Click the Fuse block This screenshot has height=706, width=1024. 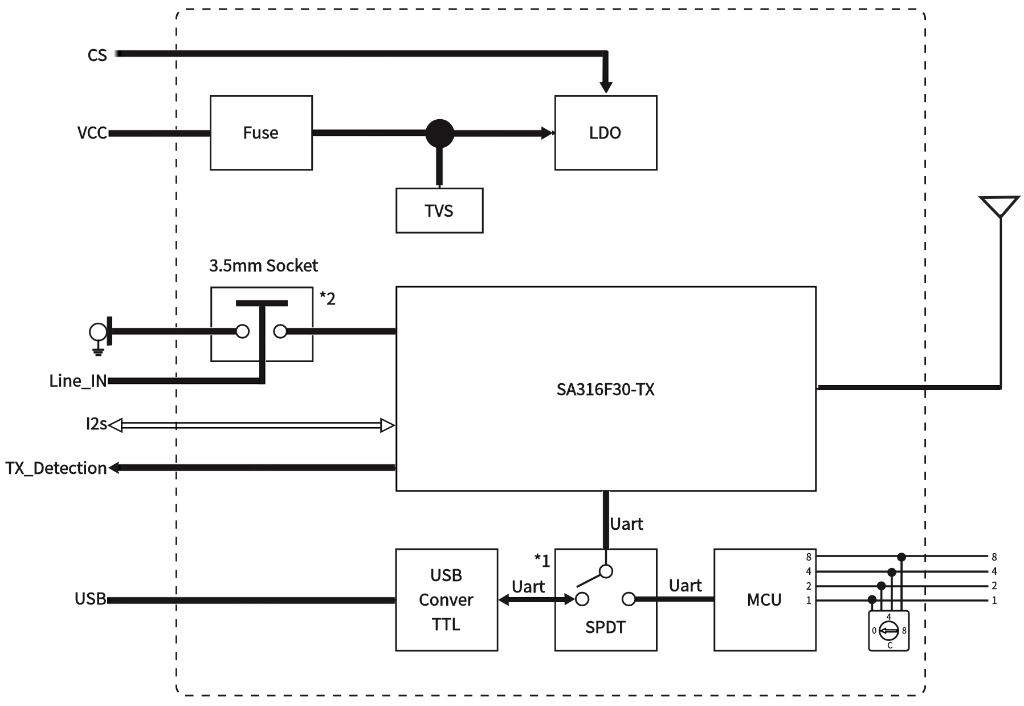coord(261,133)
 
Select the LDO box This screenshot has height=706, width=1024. coord(605,133)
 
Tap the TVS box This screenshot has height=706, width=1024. coord(439,210)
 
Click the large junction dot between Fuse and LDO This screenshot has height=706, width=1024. coord(439,133)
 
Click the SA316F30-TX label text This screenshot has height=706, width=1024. coord(605,389)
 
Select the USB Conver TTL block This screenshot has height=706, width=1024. coord(446,599)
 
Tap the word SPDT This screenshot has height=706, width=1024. coord(605,627)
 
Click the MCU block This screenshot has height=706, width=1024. coord(764,599)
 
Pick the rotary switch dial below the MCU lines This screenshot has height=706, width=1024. coord(888,630)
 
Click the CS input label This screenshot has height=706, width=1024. coord(97,55)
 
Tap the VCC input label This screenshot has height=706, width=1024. coord(92,133)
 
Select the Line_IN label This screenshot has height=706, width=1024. coord(78,381)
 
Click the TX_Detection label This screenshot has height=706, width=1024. coord(56,468)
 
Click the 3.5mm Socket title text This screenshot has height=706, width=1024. coord(263,266)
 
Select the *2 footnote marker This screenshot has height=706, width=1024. coord(327,298)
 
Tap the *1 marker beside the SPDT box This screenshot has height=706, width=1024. coord(542,561)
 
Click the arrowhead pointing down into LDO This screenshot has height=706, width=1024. coord(606,87)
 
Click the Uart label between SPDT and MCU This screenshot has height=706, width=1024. coord(685,586)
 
